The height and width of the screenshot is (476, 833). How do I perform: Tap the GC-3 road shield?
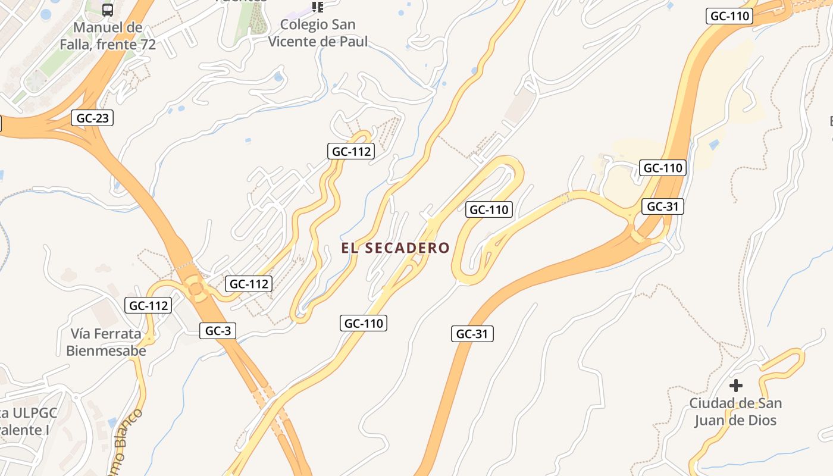[x=218, y=331]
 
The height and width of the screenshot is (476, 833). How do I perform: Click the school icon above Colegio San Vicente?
[x=318, y=7]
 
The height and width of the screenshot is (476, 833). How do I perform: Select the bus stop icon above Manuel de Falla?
[x=108, y=10]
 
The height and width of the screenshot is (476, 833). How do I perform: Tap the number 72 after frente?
[x=146, y=44]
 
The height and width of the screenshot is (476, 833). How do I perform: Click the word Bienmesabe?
[x=106, y=350]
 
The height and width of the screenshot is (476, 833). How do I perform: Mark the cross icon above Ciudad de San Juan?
[x=736, y=385]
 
